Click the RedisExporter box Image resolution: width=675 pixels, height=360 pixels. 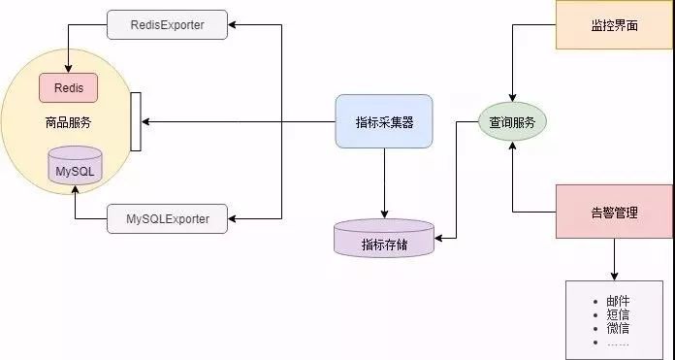(167, 24)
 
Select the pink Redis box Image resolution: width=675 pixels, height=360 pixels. (68, 87)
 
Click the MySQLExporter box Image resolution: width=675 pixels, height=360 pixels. (167, 219)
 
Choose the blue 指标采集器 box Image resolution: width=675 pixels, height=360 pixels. (384, 121)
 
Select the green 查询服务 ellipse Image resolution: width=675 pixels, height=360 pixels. (513, 122)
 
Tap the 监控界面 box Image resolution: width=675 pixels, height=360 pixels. (614, 24)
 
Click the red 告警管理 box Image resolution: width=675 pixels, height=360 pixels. (614, 212)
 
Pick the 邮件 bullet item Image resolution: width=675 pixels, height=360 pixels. (618, 302)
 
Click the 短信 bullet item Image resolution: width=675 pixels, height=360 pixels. (618, 315)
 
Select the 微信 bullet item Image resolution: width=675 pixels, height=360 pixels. (618, 329)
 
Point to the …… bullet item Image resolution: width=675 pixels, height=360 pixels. (618, 343)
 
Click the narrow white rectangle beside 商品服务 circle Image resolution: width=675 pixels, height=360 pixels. (136, 122)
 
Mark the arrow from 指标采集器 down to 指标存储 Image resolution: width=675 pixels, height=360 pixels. (384, 184)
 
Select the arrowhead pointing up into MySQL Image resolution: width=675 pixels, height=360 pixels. (75, 192)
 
